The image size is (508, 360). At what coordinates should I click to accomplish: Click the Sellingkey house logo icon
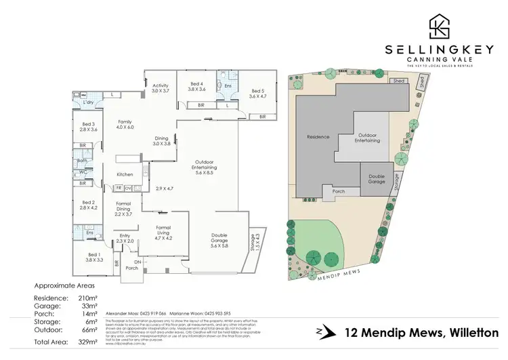tap(439, 26)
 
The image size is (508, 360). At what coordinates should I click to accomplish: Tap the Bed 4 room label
tap(196, 86)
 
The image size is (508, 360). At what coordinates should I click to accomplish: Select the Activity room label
tap(160, 87)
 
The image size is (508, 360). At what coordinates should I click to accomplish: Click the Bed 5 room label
tap(258, 94)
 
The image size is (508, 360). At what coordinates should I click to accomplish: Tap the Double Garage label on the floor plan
tap(218, 239)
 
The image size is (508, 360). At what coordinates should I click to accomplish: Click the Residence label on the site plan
tap(318, 136)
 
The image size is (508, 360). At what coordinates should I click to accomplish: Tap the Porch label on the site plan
tap(339, 192)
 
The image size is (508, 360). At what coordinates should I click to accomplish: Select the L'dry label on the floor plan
tap(88, 102)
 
